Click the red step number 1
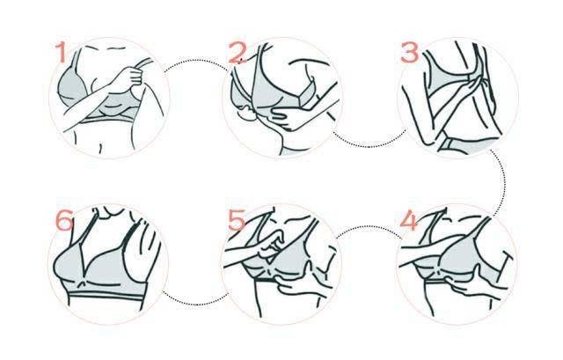click(61, 52)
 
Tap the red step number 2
click(237, 53)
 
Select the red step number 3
click(409, 53)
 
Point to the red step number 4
click(408, 221)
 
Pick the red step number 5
click(237, 220)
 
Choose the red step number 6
click(64, 220)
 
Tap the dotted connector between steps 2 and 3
click(369, 146)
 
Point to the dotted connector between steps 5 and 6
click(195, 305)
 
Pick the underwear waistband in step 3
click(467, 144)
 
